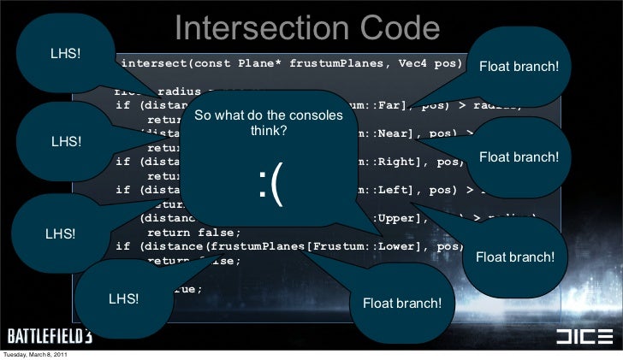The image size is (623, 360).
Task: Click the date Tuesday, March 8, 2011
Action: [35, 354]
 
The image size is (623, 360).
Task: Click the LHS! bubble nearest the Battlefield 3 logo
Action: [123, 298]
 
